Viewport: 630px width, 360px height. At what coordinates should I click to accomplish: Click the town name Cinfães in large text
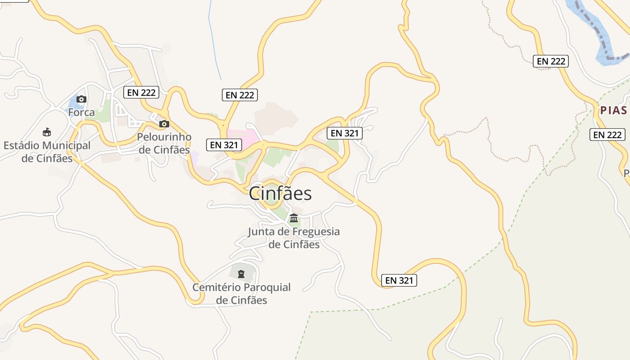280,193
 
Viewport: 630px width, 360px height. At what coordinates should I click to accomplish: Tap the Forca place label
81,112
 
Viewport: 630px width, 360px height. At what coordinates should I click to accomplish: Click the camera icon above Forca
81,99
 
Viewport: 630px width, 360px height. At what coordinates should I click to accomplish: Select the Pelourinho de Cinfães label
164,143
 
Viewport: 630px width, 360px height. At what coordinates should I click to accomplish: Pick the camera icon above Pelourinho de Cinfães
164,124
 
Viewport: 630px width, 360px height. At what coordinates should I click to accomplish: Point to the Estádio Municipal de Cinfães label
47,152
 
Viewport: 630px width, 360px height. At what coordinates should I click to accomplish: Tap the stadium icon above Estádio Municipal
47,132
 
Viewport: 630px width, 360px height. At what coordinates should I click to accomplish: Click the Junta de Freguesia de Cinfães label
294,238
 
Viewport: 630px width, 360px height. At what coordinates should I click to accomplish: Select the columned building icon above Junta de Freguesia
294,218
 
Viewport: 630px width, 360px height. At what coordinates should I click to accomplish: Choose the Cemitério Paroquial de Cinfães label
242,293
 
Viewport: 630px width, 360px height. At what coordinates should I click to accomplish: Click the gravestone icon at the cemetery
241,273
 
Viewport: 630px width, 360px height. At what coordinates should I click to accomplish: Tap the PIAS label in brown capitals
613,111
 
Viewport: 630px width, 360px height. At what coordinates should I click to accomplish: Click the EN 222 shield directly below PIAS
607,135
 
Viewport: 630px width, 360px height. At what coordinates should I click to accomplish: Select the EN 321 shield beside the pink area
224,145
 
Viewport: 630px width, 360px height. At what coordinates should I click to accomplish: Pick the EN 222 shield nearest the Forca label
141,92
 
